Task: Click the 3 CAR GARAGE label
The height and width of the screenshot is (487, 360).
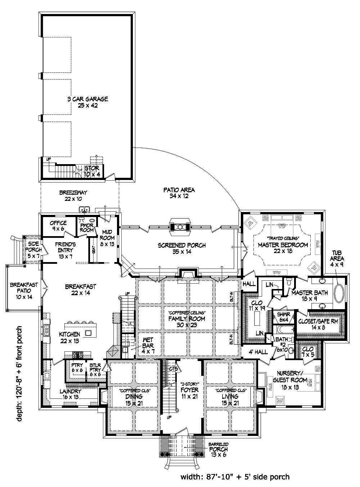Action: click(87, 102)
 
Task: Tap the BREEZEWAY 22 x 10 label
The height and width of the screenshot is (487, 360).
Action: click(73, 195)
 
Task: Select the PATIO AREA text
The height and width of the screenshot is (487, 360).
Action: click(179, 193)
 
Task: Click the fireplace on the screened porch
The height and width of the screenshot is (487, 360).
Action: click(180, 226)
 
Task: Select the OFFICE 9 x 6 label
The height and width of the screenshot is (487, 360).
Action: click(58, 225)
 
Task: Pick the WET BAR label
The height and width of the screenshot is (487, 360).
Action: click(148, 342)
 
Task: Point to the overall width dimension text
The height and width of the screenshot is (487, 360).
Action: click(235, 477)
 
